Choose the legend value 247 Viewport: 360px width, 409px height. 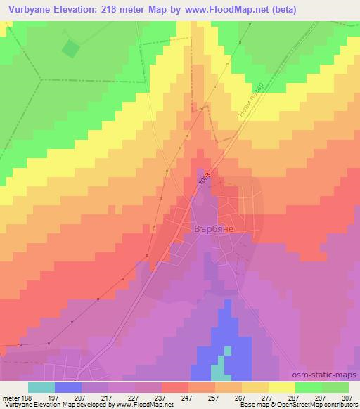coord(188,397)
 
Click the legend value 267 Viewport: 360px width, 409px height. coord(241,397)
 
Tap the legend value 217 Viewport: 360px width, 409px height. coord(108,397)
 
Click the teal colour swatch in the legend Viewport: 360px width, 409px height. coord(41,387)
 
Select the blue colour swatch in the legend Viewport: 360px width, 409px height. coord(67,387)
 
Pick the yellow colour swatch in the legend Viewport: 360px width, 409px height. coord(281,387)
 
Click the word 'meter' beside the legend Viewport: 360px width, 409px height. coord(10,397)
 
